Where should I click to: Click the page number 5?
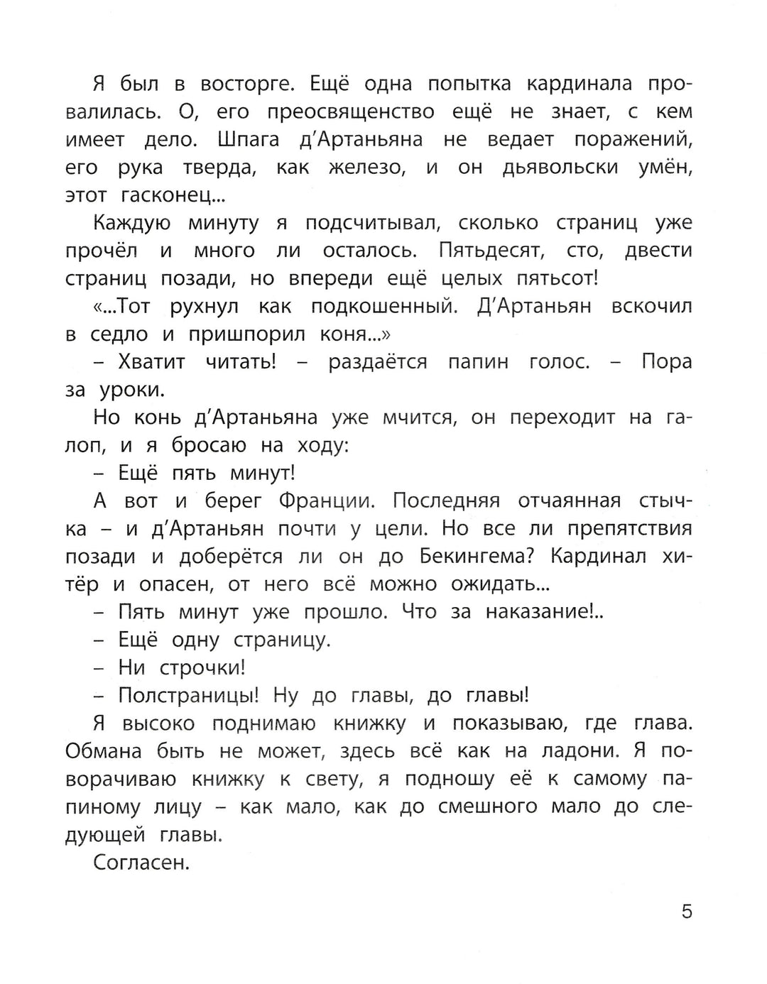coord(686,911)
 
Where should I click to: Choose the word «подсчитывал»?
coord(374,223)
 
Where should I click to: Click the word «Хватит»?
coord(151,362)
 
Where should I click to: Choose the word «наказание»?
coord(544,612)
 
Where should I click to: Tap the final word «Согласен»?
coord(141,863)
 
